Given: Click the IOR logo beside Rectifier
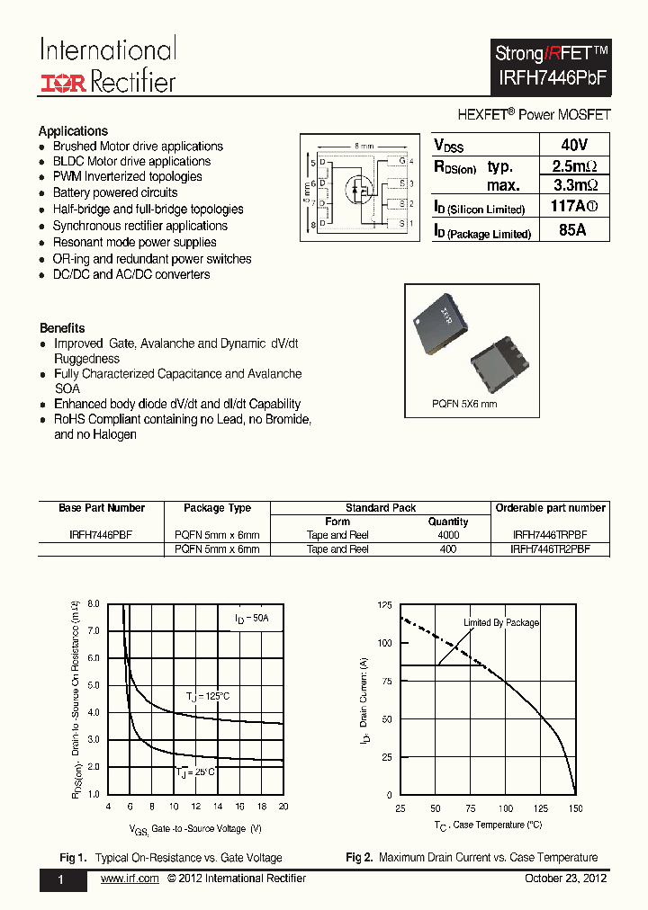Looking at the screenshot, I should [x=62, y=83].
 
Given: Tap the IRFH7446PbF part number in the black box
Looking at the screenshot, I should [x=553, y=78].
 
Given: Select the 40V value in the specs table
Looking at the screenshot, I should [x=572, y=145].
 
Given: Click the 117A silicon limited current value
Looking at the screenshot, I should [x=572, y=208].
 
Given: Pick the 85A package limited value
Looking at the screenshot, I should [x=572, y=230].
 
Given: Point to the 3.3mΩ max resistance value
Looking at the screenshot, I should [x=573, y=186].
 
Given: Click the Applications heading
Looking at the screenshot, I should [x=73, y=131].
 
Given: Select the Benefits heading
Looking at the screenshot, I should [x=62, y=328].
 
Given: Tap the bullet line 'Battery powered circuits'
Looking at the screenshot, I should [x=114, y=193].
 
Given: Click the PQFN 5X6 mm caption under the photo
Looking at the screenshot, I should [x=463, y=404].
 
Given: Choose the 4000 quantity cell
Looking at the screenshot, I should [x=448, y=535].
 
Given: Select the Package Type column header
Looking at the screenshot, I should [x=217, y=508].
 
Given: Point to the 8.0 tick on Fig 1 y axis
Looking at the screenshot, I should [x=94, y=604].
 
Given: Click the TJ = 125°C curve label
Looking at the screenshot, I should [x=208, y=697].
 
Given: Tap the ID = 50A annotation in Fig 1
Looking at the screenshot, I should [x=251, y=619].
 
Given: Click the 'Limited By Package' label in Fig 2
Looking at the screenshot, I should [x=501, y=623].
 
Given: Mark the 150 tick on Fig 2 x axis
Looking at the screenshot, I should [x=575, y=808].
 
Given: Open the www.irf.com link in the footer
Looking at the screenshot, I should [x=130, y=879].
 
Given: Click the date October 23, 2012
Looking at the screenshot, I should [x=565, y=879].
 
